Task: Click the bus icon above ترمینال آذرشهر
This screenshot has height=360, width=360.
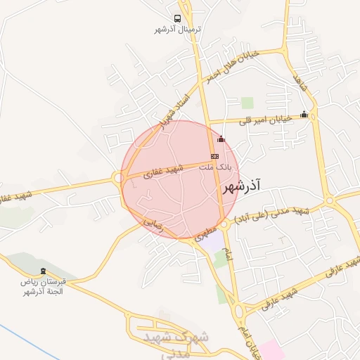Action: point(177,19)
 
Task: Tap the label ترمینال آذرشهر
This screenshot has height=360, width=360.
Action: point(178,30)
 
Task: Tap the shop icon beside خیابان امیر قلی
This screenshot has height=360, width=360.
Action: point(304,115)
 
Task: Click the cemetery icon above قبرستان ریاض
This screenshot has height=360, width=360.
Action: point(45,271)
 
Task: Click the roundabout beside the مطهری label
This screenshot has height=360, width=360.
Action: point(224,225)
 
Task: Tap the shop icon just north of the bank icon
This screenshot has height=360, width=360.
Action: point(221,139)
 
